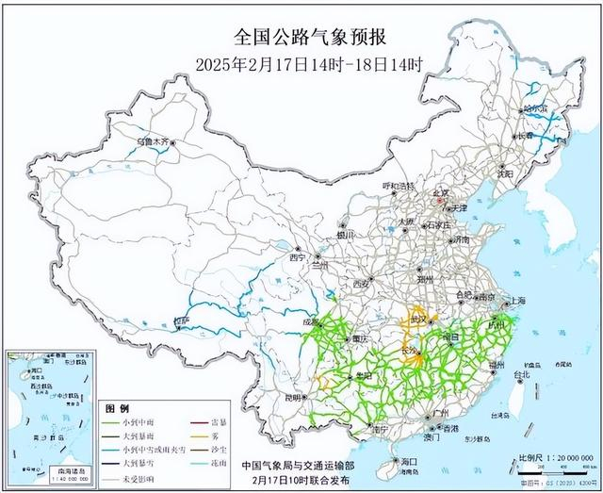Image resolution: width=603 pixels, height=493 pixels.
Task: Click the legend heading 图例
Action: (118, 408)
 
